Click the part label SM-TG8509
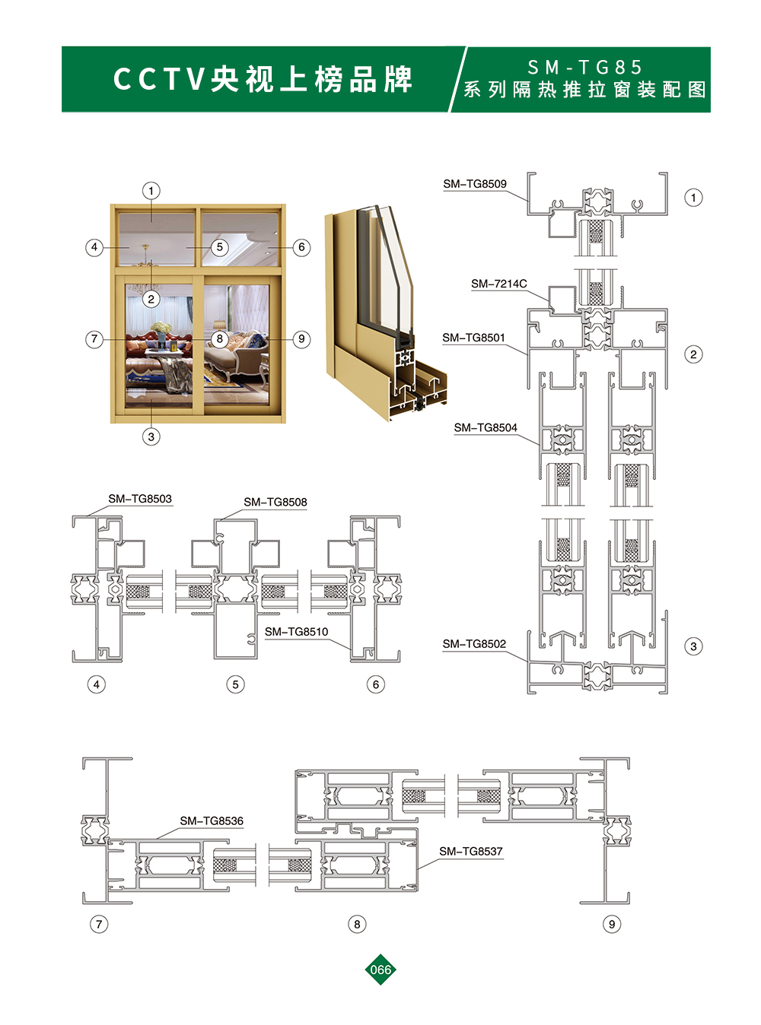pyautogui.click(x=475, y=184)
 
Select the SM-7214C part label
pyautogui.click(x=498, y=284)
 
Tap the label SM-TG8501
pyautogui.click(x=473, y=338)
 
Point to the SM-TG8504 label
pyautogui.click(x=486, y=428)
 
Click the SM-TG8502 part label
pyautogui.click(x=474, y=644)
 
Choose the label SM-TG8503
pyautogui.click(x=140, y=499)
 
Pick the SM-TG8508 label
pyautogui.click(x=275, y=503)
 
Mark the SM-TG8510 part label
pyautogui.click(x=296, y=632)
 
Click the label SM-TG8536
pyautogui.click(x=212, y=821)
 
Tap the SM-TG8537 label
pyautogui.click(x=470, y=851)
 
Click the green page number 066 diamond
pyautogui.click(x=380, y=969)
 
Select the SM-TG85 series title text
pyautogui.click(x=584, y=68)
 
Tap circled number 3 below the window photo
pyautogui.click(x=151, y=436)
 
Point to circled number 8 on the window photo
pyautogui.click(x=220, y=339)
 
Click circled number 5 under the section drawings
pyautogui.click(x=235, y=684)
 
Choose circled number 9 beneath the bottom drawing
pyautogui.click(x=612, y=924)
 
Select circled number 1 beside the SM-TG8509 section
pyautogui.click(x=693, y=198)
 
